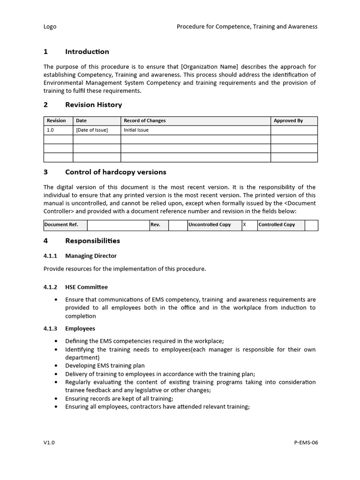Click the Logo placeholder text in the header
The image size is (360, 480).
pyautogui.click(x=50, y=27)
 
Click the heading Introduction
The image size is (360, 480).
pyautogui.click(x=87, y=52)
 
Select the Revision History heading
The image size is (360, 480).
pyautogui.click(x=93, y=105)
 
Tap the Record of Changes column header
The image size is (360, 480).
pyautogui.click(x=144, y=121)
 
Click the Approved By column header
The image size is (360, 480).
pyautogui.click(x=288, y=121)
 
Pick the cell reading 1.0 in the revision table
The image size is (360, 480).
pyautogui.click(x=51, y=130)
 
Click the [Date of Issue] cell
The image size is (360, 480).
pyautogui.click(x=92, y=130)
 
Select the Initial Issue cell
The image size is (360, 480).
pyautogui.click(x=136, y=130)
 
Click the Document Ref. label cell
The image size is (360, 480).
pyautogui.click(x=61, y=225)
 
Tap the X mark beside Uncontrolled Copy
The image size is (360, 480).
pyautogui.click(x=244, y=225)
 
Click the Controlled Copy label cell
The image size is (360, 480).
pyautogui.click(x=277, y=225)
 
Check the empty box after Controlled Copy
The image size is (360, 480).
pyautogui.click(x=311, y=225)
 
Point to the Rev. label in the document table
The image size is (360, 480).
pyautogui.click(x=155, y=225)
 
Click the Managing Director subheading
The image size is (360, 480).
pyautogui.click(x=91, y=256)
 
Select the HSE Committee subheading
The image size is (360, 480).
pyautogui.click(x=86, y=287)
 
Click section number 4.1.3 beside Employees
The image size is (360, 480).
pyautogui.click(x=50, y=329)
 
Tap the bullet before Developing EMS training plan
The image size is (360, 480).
pyautogui.click(x=56, y=366)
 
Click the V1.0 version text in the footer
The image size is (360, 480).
pyautogui.click(x=49, y=442)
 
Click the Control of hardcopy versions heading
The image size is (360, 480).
pyautogui.click(x=115, y=172)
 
